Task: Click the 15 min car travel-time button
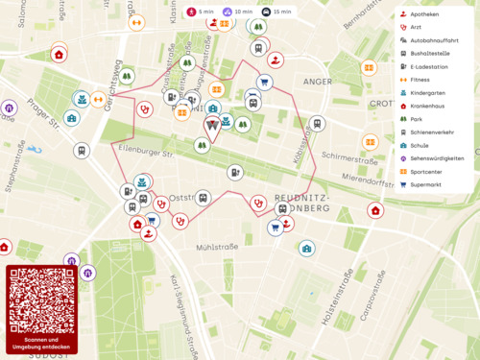(276, 12)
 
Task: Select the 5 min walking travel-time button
(200, 12)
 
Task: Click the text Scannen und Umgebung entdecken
(41, 343)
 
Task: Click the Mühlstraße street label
(216, 247)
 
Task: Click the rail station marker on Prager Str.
(82, 150)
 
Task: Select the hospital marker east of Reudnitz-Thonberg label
(375, 210)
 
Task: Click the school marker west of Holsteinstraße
(306, 249)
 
